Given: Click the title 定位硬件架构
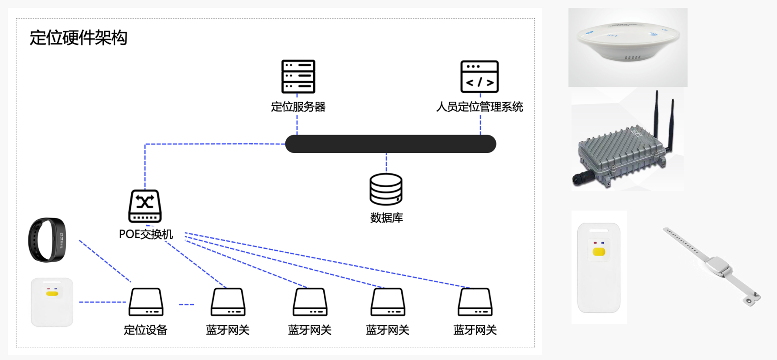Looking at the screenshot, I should pos(78,38).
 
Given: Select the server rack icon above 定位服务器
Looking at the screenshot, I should pos(298,76).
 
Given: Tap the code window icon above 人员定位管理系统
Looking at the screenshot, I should pos(479,76).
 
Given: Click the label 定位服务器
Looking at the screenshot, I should pos(298,107).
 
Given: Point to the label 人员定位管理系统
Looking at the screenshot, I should pos(479,107).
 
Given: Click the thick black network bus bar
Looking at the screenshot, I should pos(390,144).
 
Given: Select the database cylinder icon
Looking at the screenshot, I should pos(386,189).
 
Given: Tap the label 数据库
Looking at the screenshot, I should pos(386,218).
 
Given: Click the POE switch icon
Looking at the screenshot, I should pos(145,206).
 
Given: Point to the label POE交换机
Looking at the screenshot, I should pos(146,234).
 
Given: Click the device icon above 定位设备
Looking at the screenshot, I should pos(146,302).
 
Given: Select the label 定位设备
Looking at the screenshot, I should pos(146,330).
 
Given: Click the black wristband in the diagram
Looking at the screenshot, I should pos(47,240).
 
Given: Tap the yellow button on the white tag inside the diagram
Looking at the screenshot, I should pos(52,294).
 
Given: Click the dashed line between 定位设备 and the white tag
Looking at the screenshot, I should pos(102,302).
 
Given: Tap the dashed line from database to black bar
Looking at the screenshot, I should pos(386,162).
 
